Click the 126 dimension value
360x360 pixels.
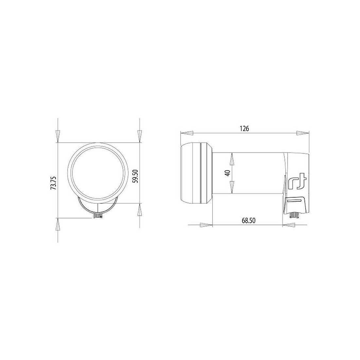point(244,129)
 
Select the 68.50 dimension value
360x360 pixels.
point(248,221)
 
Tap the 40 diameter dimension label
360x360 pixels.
point(228,173)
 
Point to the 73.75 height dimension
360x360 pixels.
point(53,183)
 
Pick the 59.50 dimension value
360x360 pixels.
point(135,176)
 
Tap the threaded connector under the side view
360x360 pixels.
point(294,215)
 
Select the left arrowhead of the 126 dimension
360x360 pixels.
point(187,133)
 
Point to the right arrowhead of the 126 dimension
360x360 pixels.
point(303,133)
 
